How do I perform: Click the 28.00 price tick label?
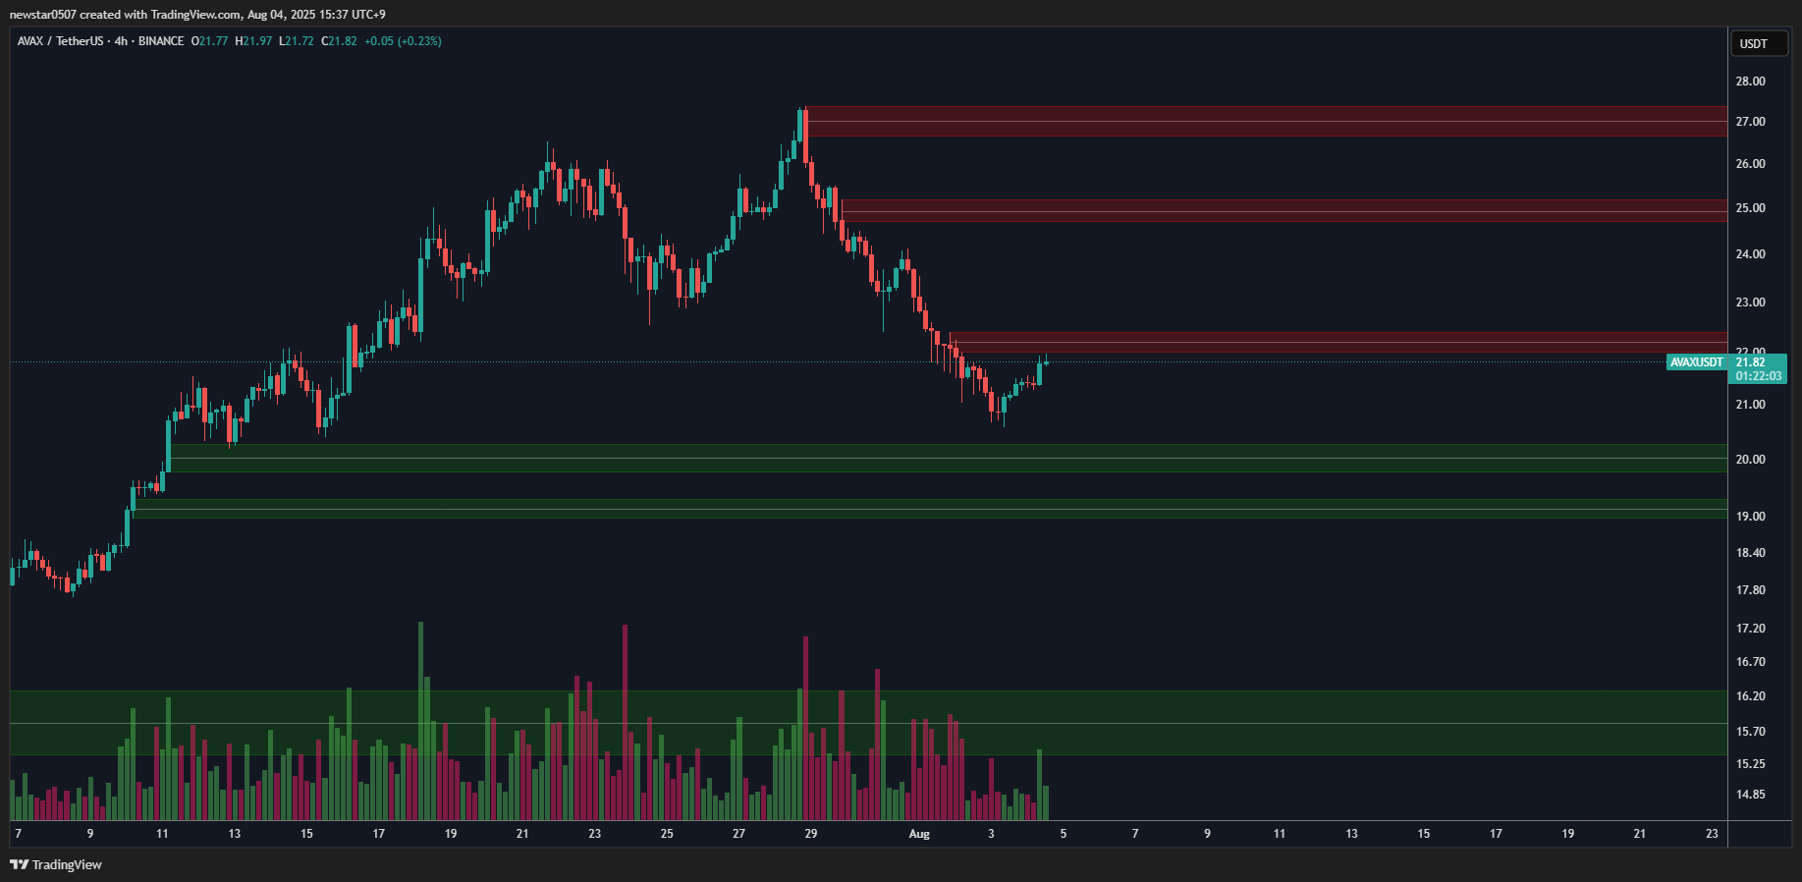1750,82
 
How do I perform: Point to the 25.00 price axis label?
1750,208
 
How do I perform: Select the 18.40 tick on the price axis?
1750,553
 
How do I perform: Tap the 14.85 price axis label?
1750,795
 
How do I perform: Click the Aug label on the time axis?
919,834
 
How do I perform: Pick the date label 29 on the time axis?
811,834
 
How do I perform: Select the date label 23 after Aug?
1712,834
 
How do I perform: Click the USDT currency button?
1754,43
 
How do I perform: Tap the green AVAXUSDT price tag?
1697,362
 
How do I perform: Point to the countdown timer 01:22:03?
1758,376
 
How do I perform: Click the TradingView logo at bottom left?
56,864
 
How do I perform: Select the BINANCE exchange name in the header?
161,41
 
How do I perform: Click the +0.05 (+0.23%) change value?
403,41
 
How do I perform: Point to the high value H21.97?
253,41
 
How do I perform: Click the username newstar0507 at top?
42,15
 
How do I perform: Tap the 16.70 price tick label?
1750,662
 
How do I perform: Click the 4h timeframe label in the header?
121,41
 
